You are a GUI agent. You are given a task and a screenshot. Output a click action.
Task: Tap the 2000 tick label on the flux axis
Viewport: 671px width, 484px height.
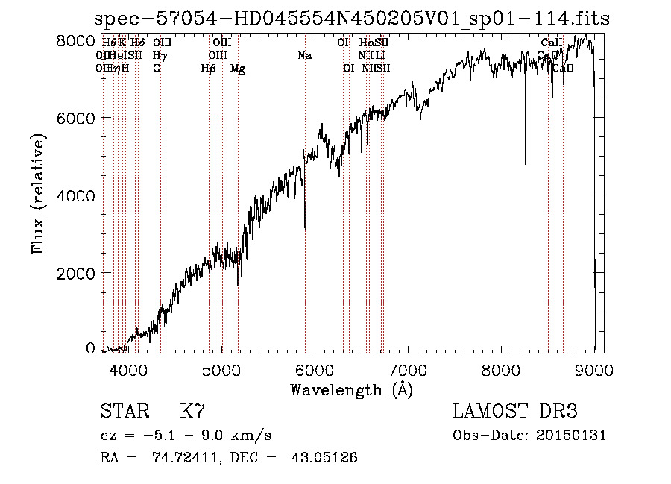75,273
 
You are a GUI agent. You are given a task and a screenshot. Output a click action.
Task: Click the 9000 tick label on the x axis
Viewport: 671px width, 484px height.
593,369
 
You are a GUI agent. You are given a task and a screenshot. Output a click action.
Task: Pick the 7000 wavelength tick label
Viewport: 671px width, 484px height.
407,369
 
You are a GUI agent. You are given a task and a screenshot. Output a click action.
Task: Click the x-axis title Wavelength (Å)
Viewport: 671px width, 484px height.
351,389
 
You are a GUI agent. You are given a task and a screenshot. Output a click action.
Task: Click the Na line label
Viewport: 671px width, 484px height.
304,55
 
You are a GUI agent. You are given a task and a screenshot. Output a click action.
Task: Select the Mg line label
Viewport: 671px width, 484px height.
238,69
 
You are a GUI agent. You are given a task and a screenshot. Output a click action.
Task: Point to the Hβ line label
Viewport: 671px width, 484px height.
209,69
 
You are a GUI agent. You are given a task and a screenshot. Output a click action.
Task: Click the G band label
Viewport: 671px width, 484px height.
157,69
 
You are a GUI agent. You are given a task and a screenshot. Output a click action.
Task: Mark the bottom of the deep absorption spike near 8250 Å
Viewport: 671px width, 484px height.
526,163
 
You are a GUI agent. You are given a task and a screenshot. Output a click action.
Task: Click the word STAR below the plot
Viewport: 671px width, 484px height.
124,412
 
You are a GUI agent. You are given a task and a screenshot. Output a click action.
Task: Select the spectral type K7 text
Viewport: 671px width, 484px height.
192,412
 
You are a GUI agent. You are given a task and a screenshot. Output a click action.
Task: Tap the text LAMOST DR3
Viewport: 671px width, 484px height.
515,412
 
